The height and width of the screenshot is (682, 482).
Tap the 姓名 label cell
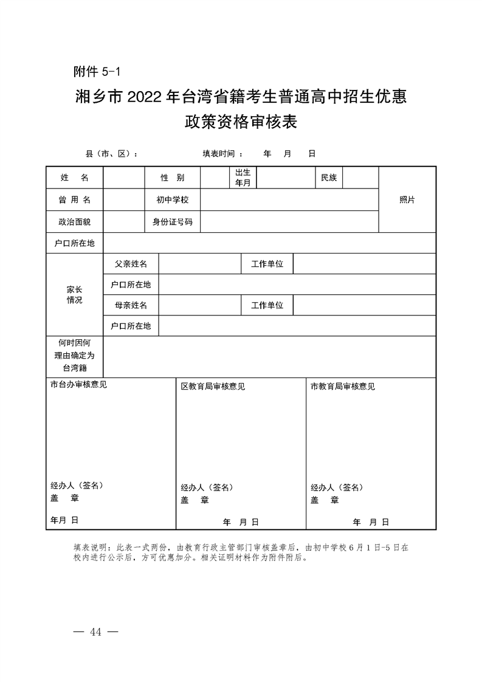pyautogui.click(x=74, y=177)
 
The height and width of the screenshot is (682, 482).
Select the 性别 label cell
pyautogui.click(x=172, y=177)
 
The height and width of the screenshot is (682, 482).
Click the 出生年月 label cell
pyautogui.click(x=243, y=177)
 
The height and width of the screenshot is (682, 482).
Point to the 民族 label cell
pyautogui.click(x=329, y=177)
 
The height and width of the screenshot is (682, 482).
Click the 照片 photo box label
pyautogui.click(x=407, y=200)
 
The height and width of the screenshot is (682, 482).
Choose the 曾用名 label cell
pyautogui.click(x=74, y=200)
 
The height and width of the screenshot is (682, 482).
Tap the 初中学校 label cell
pyautogui.click(x=172, y=200)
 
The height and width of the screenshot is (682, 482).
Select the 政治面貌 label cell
pyautogui.click(x=74, y=222)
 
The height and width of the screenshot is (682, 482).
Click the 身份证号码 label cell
pyautogui.click(x=172, y=222)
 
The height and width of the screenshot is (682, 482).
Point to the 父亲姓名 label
pyautogui.click(x=131, y=264)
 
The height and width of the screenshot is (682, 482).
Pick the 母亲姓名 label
pyautogui.click(x=131, y=305)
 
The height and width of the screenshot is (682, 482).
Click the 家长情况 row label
pyautogui.click(x=74, y=295)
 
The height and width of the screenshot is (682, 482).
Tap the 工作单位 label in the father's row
pyautogui.click(x=267, y=264)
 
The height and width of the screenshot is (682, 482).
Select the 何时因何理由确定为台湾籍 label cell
pyautogui.click(x=74, y=356)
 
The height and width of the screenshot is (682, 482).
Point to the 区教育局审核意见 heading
pyautogui.click(x=213, y=387)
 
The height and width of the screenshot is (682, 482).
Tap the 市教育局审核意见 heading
pyautogui.click(x=343, y=387)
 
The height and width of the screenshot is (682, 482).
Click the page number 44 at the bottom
pyautogui.click(x=95, y=632)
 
